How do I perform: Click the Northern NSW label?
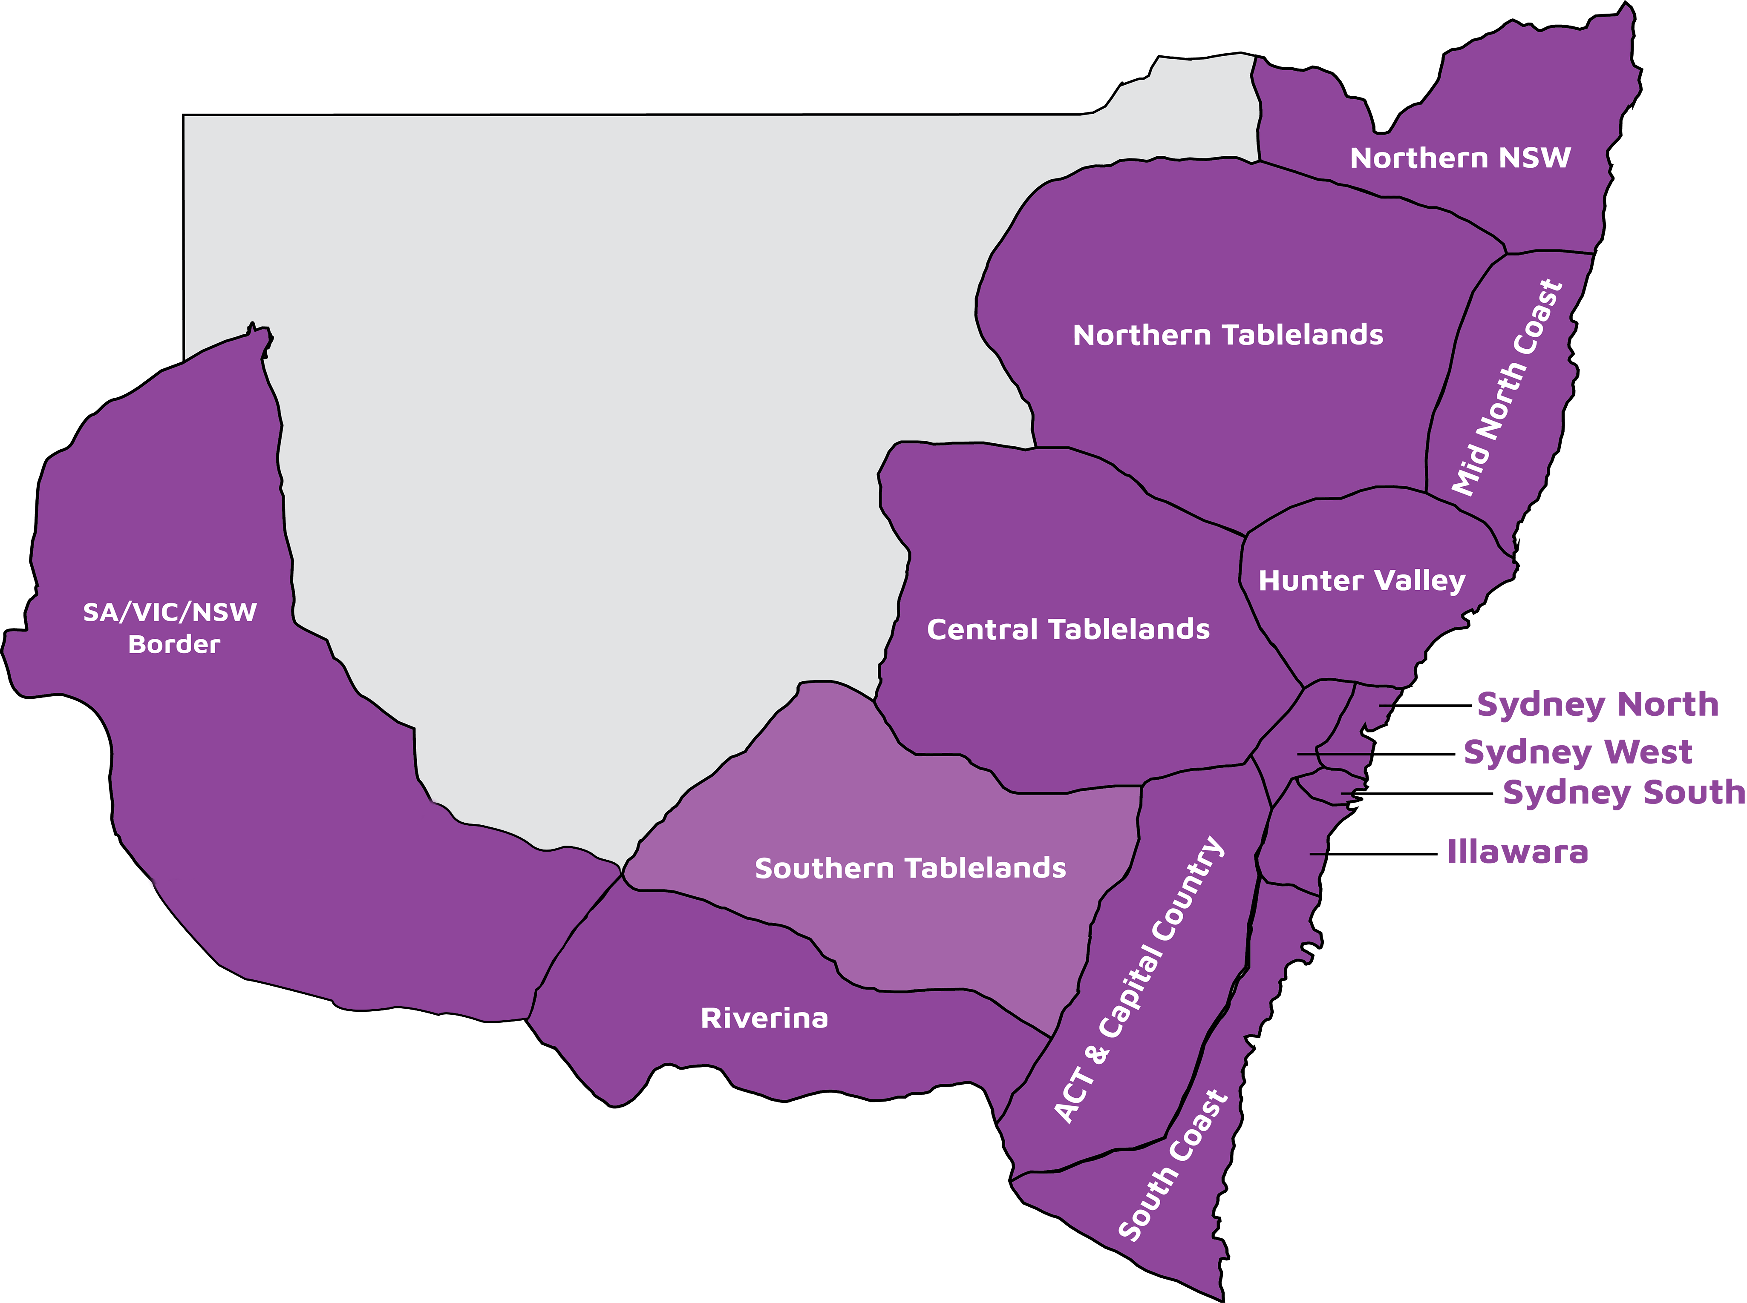[1460, 158]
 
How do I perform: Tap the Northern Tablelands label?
[1228, 335]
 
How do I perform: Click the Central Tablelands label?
[1068, 629]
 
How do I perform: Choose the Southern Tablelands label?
[910, 868]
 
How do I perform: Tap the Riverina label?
[764, 1018]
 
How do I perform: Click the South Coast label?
[1173, 1166]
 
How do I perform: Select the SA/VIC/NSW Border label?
[170, 628]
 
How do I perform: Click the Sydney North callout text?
[1598, 704]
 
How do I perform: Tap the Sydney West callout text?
[1578, 752]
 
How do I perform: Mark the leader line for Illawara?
[1373, 853]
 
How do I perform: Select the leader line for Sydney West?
[1377, 754]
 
